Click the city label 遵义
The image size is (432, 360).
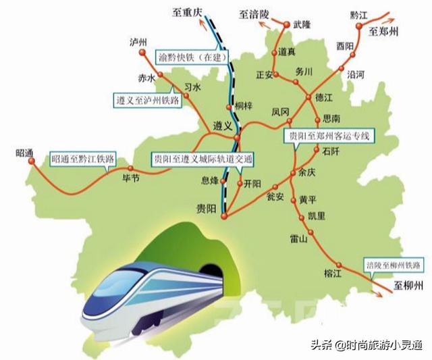click(222, 126)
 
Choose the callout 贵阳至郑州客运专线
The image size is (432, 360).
click(331, 136)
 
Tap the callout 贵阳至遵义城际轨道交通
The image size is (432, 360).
click(202, 159)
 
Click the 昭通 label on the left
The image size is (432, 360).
click(24, 152)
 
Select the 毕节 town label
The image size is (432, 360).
click(130, 178)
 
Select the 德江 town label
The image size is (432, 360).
click(325, 98)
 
